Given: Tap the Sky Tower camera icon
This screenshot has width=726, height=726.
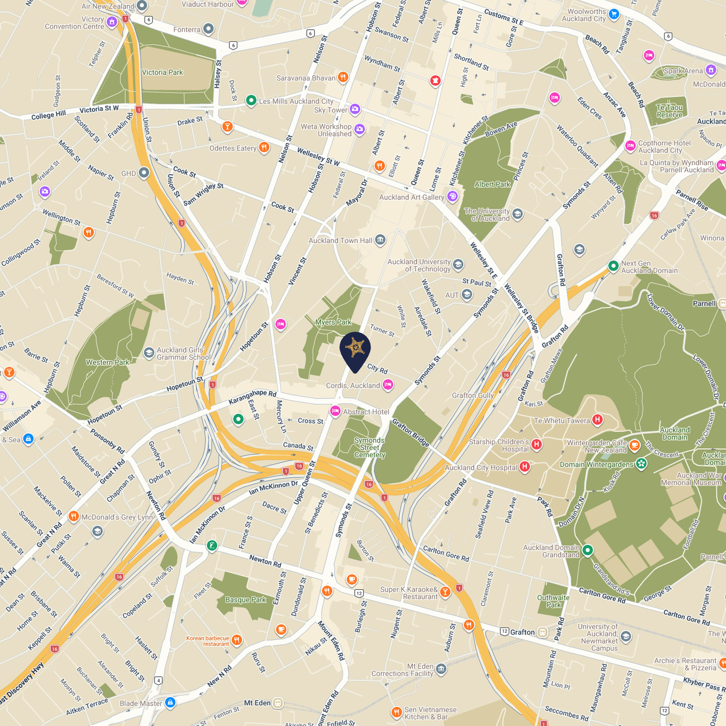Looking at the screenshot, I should click(355, 110).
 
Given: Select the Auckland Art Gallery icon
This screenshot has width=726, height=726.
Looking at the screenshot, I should click(452, 196).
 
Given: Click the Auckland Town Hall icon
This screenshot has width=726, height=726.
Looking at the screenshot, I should click(380, 240).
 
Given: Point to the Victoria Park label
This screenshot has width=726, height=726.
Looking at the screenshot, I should click(162, 72).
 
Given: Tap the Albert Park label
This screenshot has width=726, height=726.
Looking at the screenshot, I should click(492, 184).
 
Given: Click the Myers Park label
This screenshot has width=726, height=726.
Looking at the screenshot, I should click(333, 322).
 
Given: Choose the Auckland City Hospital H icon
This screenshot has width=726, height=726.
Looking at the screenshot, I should click(524, 467).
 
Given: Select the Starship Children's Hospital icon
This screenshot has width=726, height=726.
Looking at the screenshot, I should click(536, 444).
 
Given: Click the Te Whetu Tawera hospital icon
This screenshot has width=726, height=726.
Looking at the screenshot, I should click(597, 419).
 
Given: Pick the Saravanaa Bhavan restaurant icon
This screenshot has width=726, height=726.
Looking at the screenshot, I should click(343, 77).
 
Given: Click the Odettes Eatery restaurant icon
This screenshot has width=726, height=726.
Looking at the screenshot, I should click(264, 147).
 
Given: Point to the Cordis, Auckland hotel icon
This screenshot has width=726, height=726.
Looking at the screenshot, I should click(388, 385).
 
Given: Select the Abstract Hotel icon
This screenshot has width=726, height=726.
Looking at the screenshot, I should click(335, 411).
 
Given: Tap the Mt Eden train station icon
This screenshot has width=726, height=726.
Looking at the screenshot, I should click(278, 703).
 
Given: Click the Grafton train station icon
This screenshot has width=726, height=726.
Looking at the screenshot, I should click(543, 632).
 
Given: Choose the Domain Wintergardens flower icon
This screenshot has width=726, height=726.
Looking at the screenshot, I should click(641, 464).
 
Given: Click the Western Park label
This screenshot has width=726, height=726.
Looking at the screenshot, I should click(107, 362).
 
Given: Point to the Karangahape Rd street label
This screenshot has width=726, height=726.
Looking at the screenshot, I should click(253, 397).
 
